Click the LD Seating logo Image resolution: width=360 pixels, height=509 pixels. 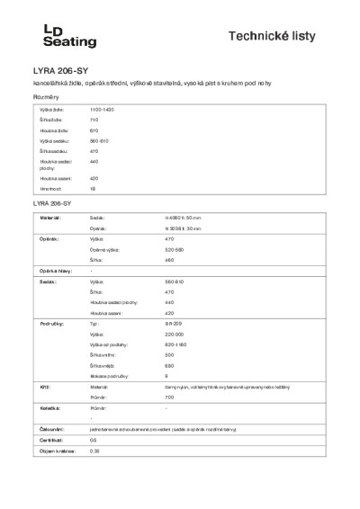pyautogui.click(x=50, y=36)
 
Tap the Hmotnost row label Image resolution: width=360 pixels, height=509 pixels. pyautogui.click(x=49, y=190)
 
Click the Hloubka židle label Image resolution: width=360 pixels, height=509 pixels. pyautogui.click(x=52, y=131)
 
